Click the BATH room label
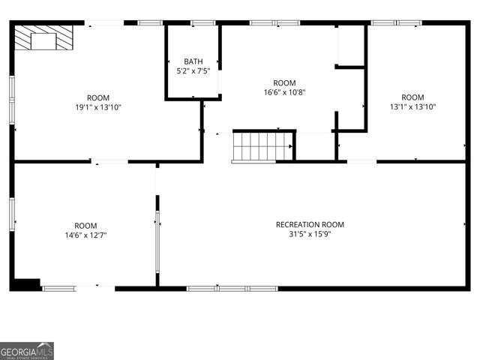click(x=193, y=61)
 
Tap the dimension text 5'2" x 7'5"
click(x=193, y=71)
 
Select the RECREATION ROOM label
click(x=310, y=224)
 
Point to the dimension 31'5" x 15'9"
click(x=310, y=234)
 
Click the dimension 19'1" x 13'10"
click(x=98, y=107)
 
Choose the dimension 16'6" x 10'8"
click(x=284, y=92)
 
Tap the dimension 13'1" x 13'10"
click(x=412, y=106)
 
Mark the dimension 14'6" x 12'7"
click(x=85, y=235)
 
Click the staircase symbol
click(x=262, y=146)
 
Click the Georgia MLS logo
click(x=27, y=351)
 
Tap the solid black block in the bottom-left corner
click(x=26, y=284)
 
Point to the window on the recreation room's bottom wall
click(x=232, y=288)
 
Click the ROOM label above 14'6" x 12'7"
click(x=85, y=225)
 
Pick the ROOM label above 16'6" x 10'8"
click(x=284, y=82)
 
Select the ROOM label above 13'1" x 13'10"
click(x=412, y=97)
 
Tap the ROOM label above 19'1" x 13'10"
click(x=98, y=97)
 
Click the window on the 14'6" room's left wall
click(x=12, y=214)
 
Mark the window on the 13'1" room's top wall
click(x=396, y=23)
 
